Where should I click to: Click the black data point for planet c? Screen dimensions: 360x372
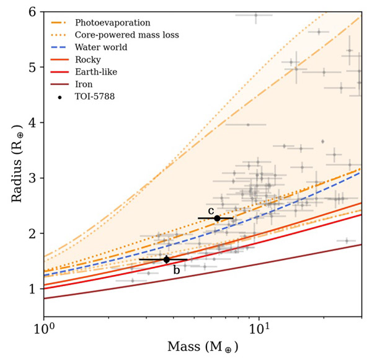coord(217,218)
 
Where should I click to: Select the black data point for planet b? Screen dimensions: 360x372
coord(166,259)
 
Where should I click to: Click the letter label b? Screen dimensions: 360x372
coord(176,270)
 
